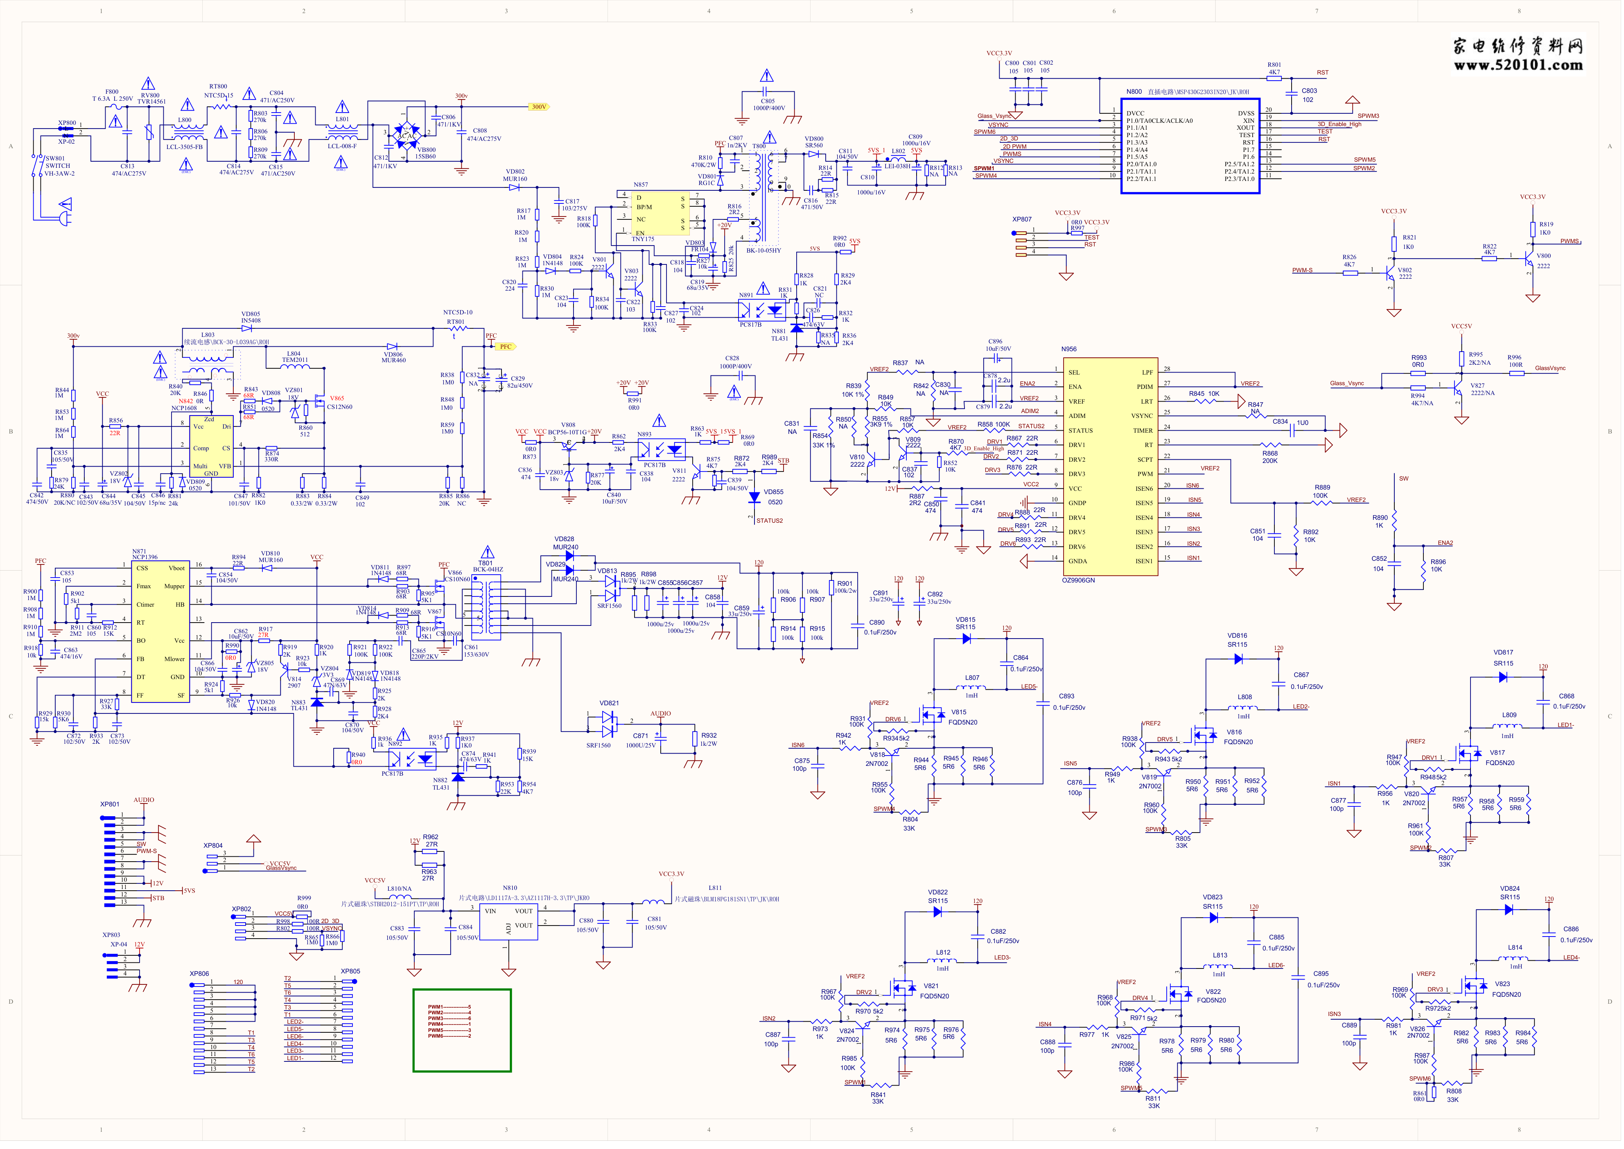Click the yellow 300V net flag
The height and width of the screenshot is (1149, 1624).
(539, 107)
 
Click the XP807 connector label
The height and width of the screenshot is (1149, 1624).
(1022, 219)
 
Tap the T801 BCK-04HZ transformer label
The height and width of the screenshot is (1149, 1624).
(487, 567)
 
